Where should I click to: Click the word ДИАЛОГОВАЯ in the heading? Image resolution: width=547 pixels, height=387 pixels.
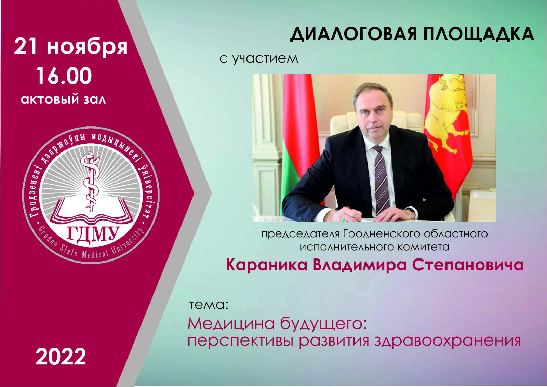click(x=352, y=35)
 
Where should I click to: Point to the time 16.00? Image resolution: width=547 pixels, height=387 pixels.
click(x=64, y=76)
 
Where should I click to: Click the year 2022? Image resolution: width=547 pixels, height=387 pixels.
click(x=61, y=357)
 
